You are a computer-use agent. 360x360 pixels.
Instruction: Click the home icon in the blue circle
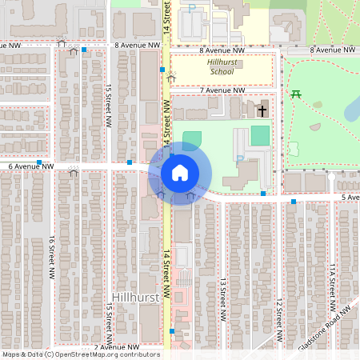click(180, 173)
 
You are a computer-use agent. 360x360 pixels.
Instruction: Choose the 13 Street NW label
click(222, 294)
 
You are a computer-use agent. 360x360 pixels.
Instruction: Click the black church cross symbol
click(262, 109)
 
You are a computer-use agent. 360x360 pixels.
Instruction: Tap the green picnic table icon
click(297, 94)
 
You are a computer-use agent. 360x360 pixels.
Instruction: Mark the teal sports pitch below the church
click(260, 135)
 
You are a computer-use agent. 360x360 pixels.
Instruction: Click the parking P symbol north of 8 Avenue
click(192, 8)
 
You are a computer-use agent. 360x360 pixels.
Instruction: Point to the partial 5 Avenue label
click(349, 197)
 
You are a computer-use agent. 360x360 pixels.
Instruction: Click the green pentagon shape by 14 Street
click(192, 138)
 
